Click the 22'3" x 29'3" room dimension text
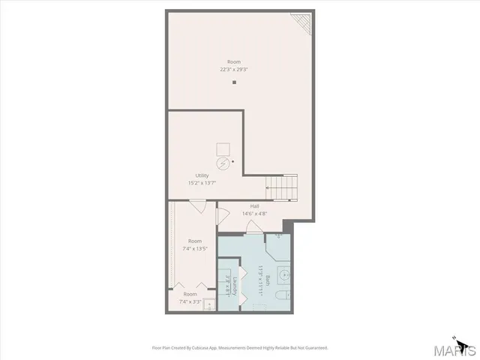click(x=234, y=69)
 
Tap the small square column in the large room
click(x=234, y=82)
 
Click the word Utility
click(x=202, y=175)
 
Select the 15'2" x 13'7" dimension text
click(x=202, y=183)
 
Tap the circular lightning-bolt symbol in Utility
click(x=223, y=163)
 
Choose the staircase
click(x=282, y=187)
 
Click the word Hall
click(x=255, y=205)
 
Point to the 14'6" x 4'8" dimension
click(x=255, y=213)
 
